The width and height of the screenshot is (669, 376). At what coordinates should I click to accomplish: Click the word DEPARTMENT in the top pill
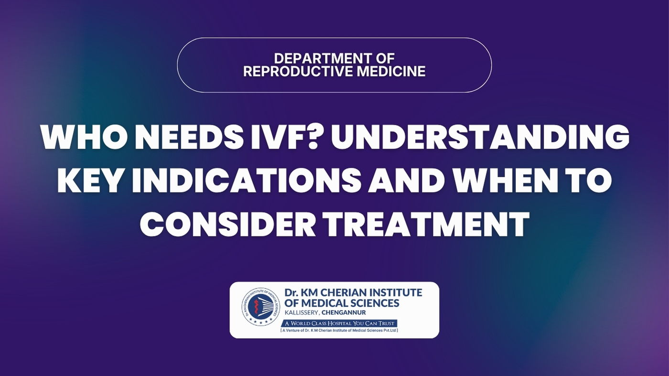(318, 59)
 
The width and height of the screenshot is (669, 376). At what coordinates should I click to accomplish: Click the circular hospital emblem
(261, 307)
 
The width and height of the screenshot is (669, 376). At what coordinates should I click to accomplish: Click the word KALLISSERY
(302, 313)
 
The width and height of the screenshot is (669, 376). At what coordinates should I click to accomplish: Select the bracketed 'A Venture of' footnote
(339, 330)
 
